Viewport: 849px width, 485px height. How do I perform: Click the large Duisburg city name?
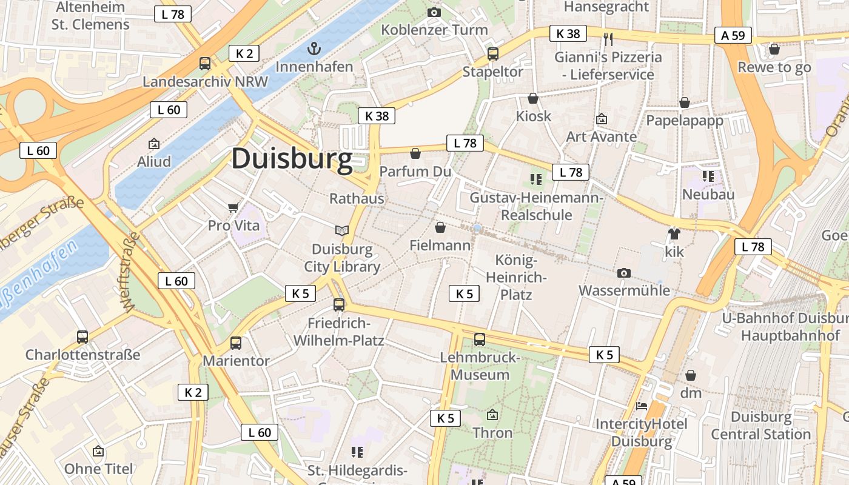(x=292, y=159)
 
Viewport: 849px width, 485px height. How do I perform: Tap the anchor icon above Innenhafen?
(x=314, y=48)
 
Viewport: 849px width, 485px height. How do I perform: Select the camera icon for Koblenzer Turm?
(x=434, y=12)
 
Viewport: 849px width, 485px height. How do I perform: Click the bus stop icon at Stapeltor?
(x=493, y=54)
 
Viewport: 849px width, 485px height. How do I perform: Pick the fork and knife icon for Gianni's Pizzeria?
(x=608, y=39)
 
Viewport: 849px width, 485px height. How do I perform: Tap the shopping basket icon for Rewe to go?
(x=774, y=49)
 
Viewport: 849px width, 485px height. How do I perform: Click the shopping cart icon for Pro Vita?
(x=233, y=208)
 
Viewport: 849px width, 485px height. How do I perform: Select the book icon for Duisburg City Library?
(x=342, y=230)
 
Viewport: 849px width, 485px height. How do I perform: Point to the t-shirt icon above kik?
(x=674, y=233)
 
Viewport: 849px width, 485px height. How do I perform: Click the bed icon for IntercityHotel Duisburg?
(x=642, y=406)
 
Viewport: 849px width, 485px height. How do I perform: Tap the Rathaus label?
(x=357, y=199)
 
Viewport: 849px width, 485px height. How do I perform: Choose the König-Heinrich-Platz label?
(x=516, y=278)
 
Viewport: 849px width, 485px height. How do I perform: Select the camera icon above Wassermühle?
(x=623, y=273)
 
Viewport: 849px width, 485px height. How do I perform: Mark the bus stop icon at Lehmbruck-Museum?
(x=480, y=339)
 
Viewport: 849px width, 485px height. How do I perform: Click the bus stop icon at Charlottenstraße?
(x=82, y=336)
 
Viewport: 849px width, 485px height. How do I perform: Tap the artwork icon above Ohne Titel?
(x=98, y=451)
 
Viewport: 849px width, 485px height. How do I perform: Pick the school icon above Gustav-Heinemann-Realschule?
(x=535, y=179)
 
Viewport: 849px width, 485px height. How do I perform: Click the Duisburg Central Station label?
(x=760, y=426)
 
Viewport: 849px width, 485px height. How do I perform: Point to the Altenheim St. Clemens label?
(x=90, y=16)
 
